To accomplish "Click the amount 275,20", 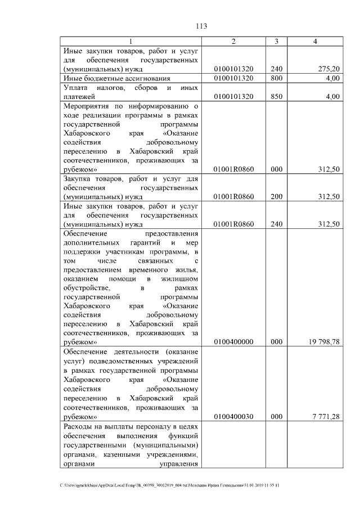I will pyautogui.click(x=328, y=69).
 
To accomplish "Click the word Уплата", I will pyautogui.click(x=77, y=88).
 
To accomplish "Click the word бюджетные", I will pyautogui.click(x=104, y=78).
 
